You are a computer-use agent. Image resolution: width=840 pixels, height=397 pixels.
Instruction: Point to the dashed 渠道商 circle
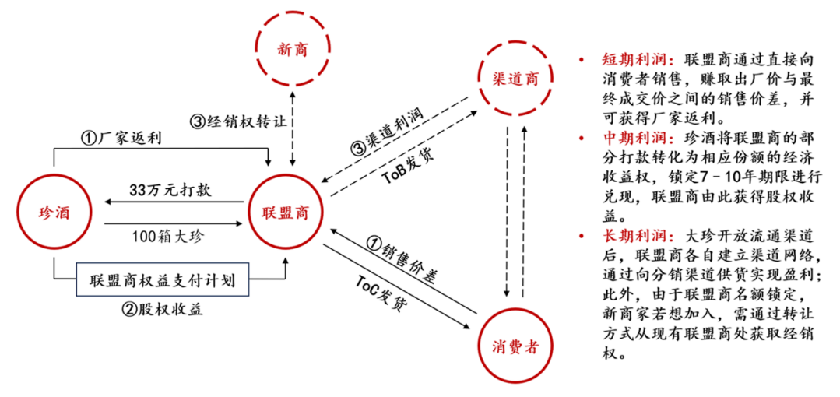[515, 78]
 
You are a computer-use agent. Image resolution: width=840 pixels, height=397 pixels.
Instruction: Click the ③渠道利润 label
[389, 126]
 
